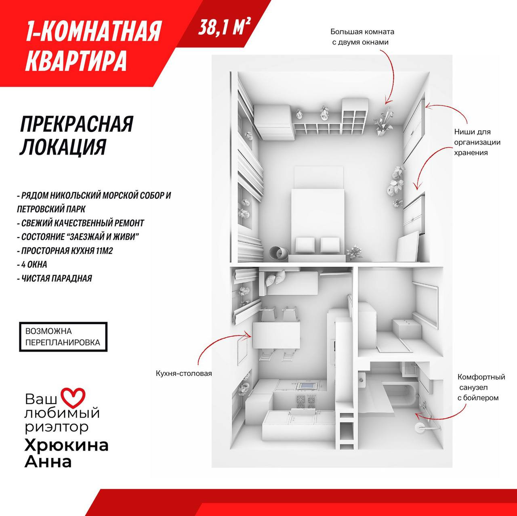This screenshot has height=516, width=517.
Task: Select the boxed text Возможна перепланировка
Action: (63, 337)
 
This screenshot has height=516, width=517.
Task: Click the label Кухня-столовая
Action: (184, 373)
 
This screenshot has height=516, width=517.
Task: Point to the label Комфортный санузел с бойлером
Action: (481, 387)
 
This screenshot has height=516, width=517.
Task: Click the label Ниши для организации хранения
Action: (477, 142)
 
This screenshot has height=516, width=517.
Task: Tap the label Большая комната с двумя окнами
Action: (362, 37)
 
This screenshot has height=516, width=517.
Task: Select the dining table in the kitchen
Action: (276, 335)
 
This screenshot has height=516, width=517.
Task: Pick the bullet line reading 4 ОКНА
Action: (32, 264)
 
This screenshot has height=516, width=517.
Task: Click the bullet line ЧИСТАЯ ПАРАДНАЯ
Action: (55, 278)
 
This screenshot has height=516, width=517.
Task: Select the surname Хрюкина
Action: (67, 445)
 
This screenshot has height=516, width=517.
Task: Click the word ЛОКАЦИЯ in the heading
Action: (63, 147)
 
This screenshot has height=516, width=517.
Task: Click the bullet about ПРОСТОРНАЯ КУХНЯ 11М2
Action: (65, 251)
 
